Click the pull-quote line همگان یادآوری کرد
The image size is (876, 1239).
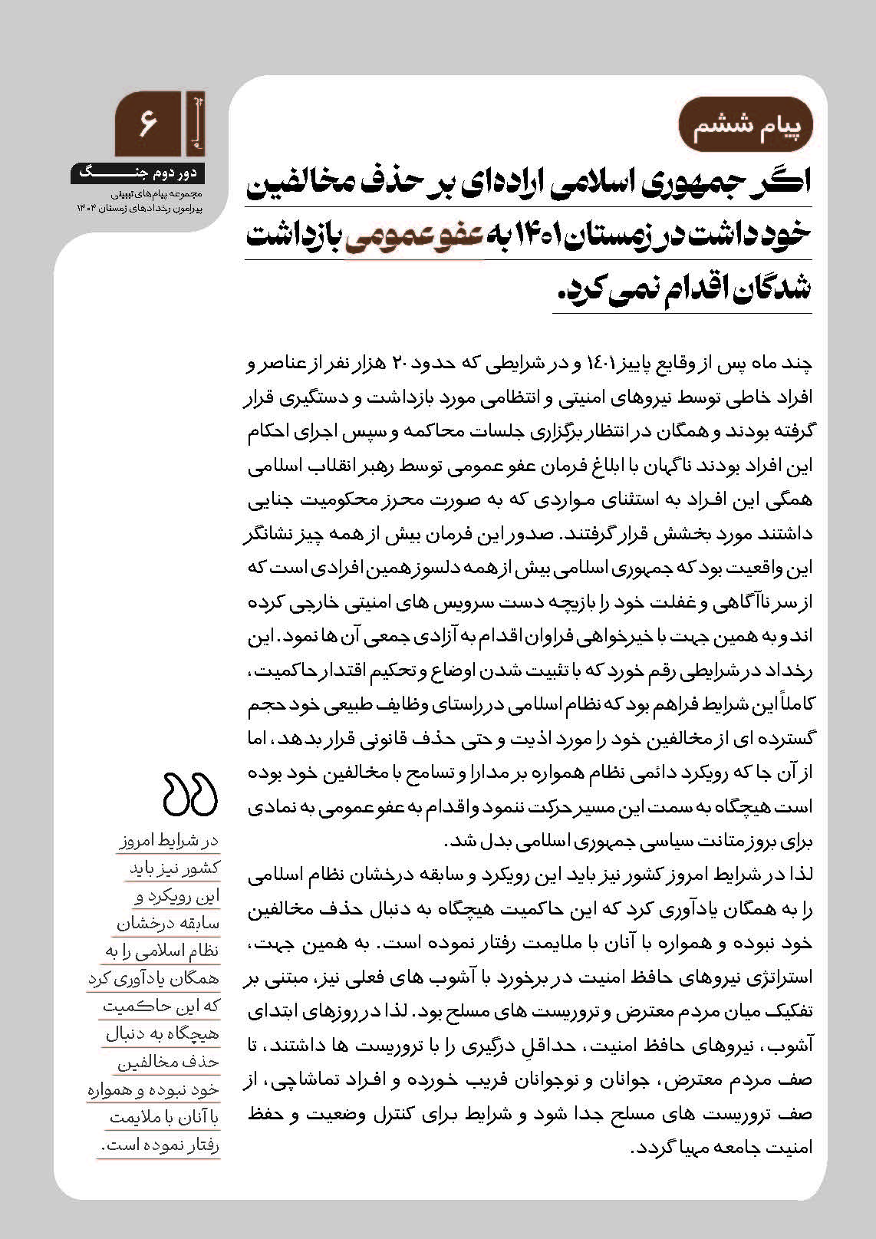click(x=154, y=979)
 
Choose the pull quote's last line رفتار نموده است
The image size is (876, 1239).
click(x=160, y=1147)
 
